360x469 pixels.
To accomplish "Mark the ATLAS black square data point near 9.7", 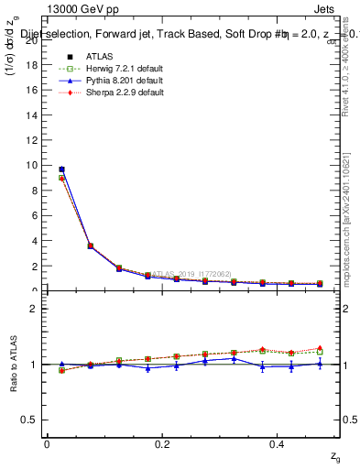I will click(x=61, y=169).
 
